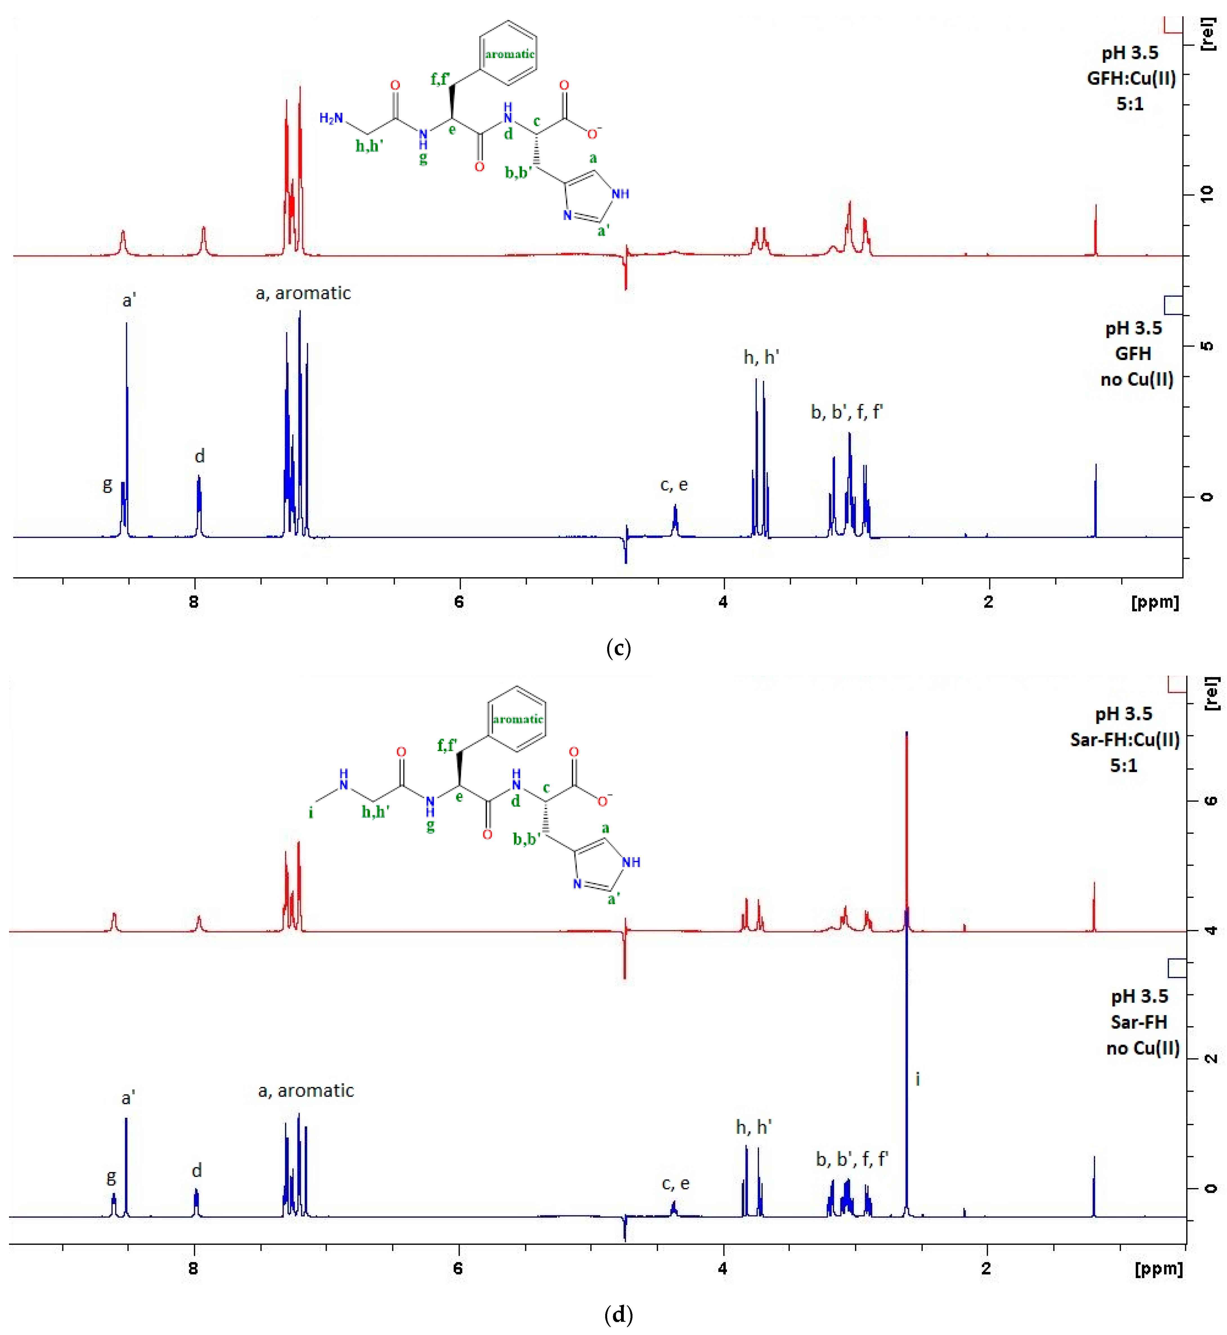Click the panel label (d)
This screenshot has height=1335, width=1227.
point(618,1314)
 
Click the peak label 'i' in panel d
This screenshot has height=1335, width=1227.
point(918,1079)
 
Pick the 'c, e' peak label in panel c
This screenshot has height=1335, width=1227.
point(674,485)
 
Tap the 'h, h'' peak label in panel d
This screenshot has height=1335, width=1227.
point(753,1127)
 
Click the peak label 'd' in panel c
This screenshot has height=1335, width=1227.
point(199,456)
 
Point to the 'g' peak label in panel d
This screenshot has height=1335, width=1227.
point(111,1177)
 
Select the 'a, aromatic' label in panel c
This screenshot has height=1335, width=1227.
point(303,293)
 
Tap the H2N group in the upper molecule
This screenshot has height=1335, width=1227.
point(331,118)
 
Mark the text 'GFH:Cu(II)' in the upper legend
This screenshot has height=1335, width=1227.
point(1131,78)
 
